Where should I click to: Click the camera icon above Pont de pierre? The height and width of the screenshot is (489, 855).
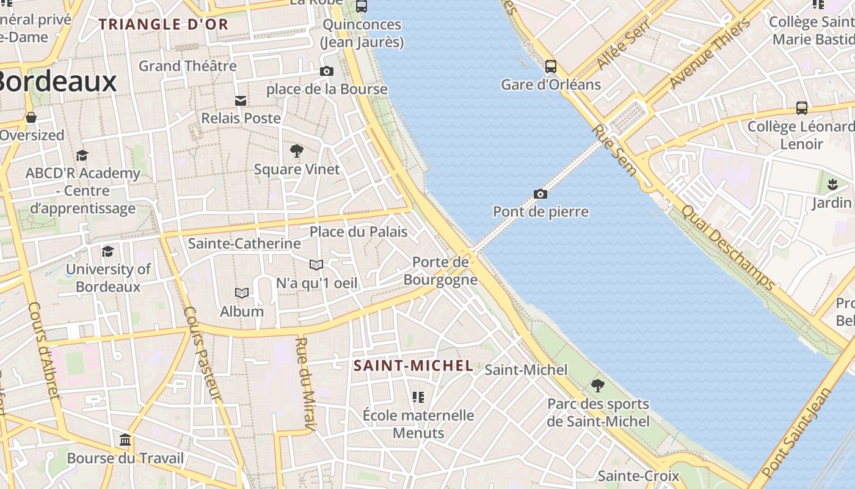[x=540, y=194]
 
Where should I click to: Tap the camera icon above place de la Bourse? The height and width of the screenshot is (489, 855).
[x=327, y=72]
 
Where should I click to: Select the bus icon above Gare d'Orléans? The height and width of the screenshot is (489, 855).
[x=551, y=67]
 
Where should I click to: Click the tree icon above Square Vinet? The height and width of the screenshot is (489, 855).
[x=297, y=151]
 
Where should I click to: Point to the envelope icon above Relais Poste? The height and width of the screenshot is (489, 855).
[x=241, y=100]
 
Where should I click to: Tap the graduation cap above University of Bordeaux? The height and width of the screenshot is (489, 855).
[x=108, y=251]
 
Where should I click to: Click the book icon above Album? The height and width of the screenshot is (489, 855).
[x=242, y=293]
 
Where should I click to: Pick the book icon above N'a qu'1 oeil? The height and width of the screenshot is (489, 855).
[x=316, y=265]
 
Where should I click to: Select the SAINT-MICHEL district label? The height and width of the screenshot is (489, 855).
[x=413, y=366]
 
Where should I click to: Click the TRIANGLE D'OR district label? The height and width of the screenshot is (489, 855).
[x=163, y=25]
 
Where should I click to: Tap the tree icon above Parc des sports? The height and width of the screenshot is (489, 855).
[x=598, y=386]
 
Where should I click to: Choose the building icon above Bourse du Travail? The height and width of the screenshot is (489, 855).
[x=125, y=440]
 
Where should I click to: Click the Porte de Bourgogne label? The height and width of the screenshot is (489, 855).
[x=440, y=271]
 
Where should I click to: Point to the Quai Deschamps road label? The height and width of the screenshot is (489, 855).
[x=727, y=248]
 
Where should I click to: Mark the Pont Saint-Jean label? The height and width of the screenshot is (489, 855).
[x=797, y=433]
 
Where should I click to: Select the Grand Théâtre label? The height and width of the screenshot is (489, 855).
[x=187, y=66]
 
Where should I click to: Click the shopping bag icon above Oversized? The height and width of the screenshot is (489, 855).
[x=31, y=117]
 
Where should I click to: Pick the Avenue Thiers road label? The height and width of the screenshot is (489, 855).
[x=710, y=53]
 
